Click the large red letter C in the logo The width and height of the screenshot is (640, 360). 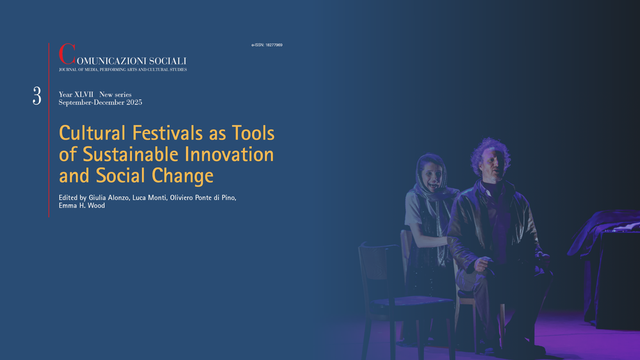(67, 54)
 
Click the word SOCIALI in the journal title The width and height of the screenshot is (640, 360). (167, 61)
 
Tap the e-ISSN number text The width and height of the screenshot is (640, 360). (267, 45)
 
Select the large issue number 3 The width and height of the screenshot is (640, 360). (37, 96)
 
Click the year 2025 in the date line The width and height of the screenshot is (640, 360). (135, 102)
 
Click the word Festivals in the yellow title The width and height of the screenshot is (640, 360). (167, 133)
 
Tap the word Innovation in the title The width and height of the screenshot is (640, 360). (229, 154)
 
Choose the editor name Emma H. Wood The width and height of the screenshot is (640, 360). (81, 206)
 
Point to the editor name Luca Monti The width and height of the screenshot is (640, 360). (150, 198)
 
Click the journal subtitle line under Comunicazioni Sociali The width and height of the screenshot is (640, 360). (123, 70)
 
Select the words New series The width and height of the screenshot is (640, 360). (115, 94)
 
